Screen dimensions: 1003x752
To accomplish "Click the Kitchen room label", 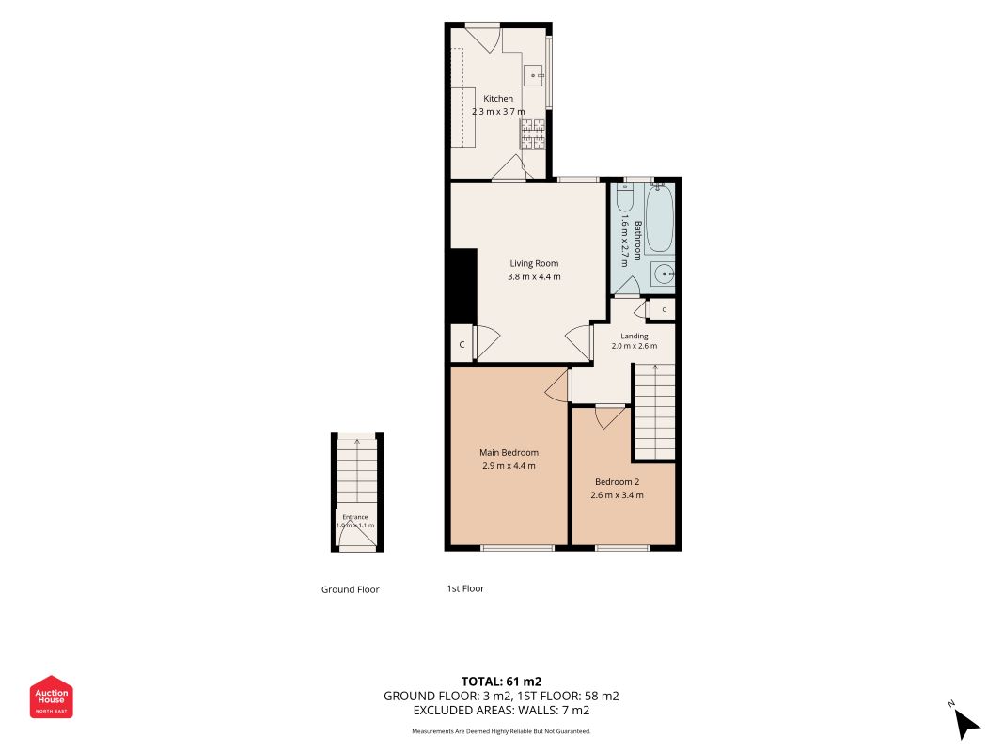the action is (497, 99).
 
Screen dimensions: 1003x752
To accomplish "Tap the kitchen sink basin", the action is (535, 75).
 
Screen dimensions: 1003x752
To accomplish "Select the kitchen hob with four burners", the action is (533, 134).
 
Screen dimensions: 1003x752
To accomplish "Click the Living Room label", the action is (534, 263).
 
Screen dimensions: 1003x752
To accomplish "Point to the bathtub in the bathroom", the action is (660, 219).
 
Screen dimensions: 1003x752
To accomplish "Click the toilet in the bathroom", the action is (625, 197).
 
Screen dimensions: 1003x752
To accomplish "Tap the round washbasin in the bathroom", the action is (664, 275).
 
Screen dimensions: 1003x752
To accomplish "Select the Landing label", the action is (635, 336).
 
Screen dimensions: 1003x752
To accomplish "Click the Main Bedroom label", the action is (509, 453).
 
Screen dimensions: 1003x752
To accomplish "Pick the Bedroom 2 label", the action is (618, 482).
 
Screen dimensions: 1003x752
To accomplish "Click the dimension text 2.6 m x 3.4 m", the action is (618, 495).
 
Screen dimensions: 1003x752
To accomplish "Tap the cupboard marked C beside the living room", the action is (462, 345).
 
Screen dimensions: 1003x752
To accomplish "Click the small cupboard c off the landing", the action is (663, 309).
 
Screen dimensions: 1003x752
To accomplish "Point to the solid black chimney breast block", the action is (463, 285).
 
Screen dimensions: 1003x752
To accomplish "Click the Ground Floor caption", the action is (350, 589).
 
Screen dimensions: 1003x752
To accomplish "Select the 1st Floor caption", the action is (465, 588).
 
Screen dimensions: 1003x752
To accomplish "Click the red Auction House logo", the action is (51, 697).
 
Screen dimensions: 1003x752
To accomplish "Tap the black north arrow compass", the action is (966, 723).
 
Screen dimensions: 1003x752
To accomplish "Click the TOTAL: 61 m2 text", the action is (502, 681).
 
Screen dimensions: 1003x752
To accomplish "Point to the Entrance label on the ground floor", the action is (355, 517).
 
